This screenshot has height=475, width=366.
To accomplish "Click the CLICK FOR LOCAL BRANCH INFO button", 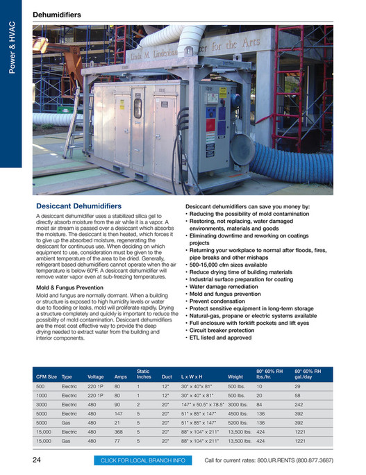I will click(x=142, y=460).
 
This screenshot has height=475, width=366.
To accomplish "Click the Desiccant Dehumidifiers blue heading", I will click(x=78, y=206).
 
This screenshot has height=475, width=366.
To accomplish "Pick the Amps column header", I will click(x=120, y=376).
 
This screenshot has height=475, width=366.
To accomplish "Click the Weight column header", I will click(x=235, y=376).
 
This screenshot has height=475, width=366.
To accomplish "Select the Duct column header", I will click(x=167, y=376).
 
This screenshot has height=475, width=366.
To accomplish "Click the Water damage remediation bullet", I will click(x=226, y=286).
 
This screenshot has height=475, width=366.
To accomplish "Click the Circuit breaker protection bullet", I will click(x=226, y=330).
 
